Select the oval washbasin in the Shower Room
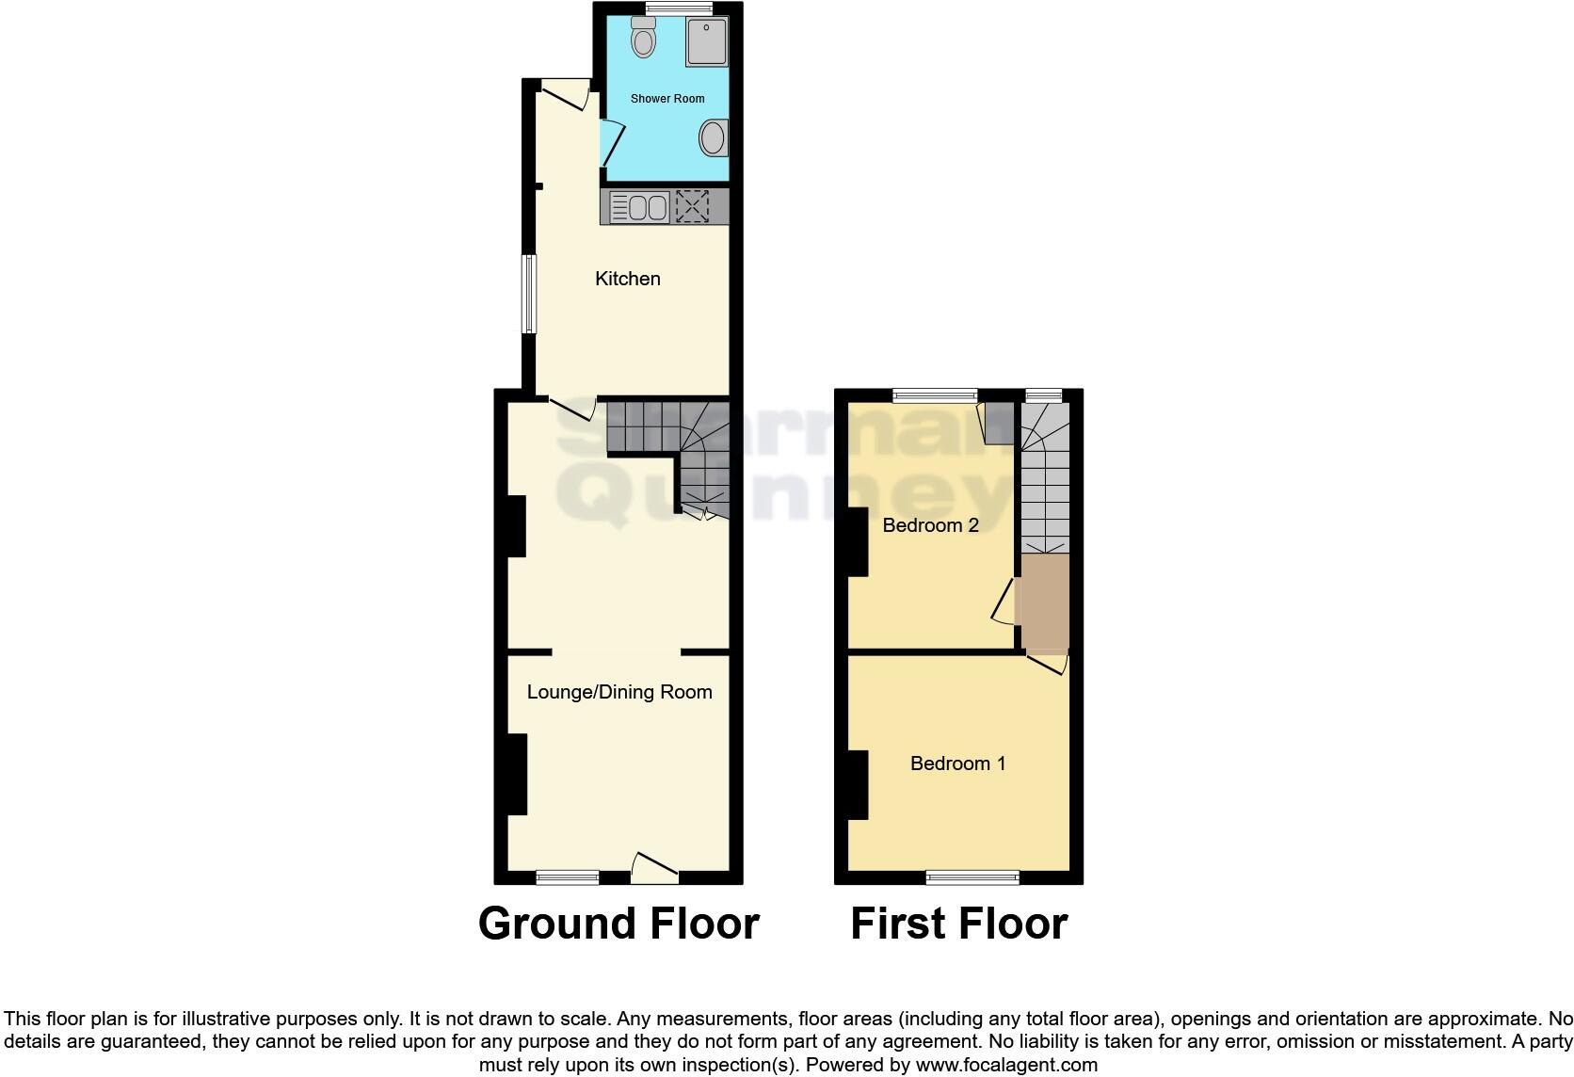click(x=713, y=138)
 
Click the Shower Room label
click(x=667, y=98)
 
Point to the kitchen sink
click(x=639, y=206)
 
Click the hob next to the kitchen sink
click(x=692, y=206)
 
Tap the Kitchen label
click(x=628, y=279)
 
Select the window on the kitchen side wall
click(x=529, y=294)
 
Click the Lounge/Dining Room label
click(x=618, y=692)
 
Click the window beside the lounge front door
click(x=568, y=877)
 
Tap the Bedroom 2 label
click(x=930, y=525)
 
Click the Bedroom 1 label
click(x=957, y=764)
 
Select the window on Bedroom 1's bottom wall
click(x=972, y=877)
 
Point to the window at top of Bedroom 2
click(x=935, y=395)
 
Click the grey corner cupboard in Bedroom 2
click(x=999, y=423)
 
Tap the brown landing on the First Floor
click(x=1046, y=603)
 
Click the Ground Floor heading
click(x=618, y=924)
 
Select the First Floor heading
click(x=958, y=924)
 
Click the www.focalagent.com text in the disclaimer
click(x=1006, y=1066)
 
